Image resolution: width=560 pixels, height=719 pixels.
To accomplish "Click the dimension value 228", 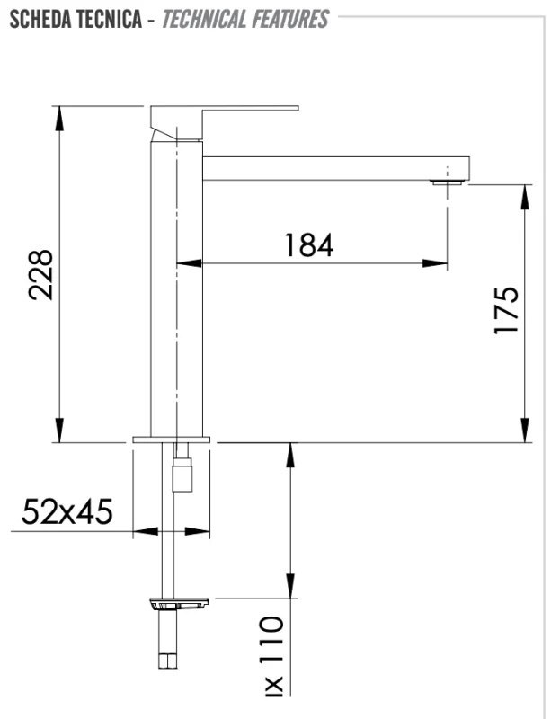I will [41, 274].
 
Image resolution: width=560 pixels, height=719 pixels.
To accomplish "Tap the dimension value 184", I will [308, 244].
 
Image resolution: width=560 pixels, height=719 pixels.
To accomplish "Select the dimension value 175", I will [506, 311].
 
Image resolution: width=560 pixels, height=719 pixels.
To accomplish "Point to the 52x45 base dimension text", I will [67, 511].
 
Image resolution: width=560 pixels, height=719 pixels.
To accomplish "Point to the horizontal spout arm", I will [333, 167].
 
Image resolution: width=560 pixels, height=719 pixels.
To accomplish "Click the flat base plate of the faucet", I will [171, 439].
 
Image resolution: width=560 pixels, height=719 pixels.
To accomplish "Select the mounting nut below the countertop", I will [181, 604].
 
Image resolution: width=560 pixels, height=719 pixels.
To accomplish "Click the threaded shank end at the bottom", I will [170, 661].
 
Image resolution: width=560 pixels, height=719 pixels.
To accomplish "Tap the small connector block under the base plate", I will [182, 474].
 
